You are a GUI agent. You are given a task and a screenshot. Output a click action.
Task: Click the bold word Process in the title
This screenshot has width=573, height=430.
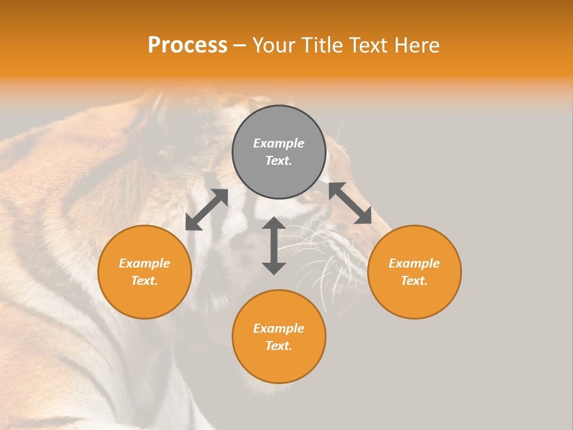click(187, 45)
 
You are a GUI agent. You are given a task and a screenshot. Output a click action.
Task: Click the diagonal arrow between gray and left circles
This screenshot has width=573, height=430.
click(207, 210)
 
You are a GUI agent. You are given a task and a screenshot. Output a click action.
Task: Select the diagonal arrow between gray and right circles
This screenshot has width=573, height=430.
click(350, 203)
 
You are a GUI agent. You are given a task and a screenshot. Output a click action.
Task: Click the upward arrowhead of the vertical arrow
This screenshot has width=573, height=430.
click(274, 223)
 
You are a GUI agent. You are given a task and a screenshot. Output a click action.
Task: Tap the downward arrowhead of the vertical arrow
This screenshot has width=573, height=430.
click(274, 268)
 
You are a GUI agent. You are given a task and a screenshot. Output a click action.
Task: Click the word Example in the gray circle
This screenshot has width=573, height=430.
click(279, 143)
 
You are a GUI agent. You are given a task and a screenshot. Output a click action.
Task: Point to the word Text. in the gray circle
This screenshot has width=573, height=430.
click(279, 161)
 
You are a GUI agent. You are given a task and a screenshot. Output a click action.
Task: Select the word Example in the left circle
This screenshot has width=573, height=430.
click(144, 263)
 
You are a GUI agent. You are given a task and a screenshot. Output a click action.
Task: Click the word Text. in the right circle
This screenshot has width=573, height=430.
click(414, 281)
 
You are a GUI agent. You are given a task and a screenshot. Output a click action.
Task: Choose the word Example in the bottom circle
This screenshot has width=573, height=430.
click(279, 328)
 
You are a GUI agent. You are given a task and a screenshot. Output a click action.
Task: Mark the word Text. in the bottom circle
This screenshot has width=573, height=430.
click(279, 346)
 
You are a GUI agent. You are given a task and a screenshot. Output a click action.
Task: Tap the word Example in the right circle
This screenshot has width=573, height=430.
click(414, 263)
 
